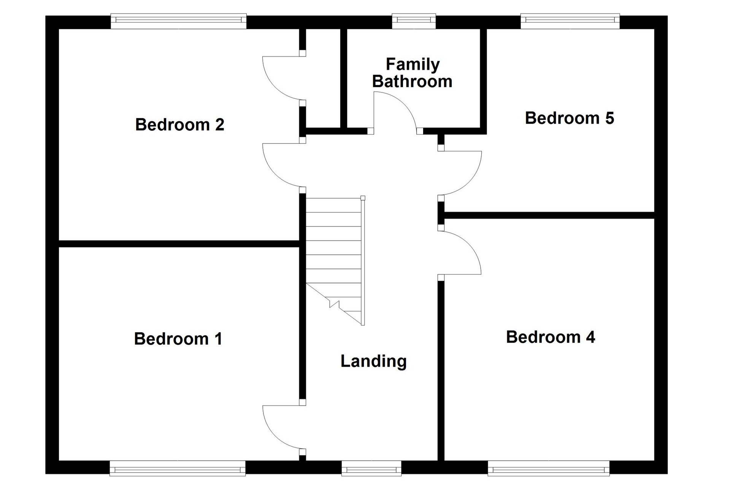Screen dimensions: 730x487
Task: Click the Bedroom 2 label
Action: point(180,125)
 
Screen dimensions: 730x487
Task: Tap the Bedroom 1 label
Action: point(178,339)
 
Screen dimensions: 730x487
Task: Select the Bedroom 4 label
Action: point(551,337)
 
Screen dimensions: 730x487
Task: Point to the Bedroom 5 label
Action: point(570,118)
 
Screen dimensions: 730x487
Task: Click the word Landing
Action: point(373,361)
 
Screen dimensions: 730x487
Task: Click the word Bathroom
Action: point(412,81)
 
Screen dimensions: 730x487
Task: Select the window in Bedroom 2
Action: point(179,21)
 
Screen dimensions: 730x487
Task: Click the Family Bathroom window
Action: point(414,21)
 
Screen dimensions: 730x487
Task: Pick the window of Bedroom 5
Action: point(570,21)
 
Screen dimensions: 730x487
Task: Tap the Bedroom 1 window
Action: point(178,468)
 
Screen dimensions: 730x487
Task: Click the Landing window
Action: point(371,468)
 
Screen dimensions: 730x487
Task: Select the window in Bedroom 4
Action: point(549,468)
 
